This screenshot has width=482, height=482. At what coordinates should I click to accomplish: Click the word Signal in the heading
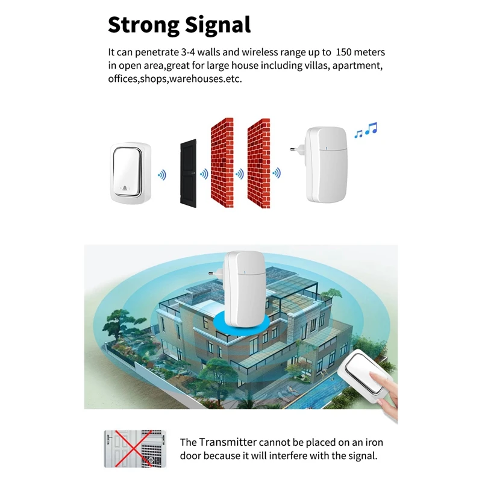pos(218,26)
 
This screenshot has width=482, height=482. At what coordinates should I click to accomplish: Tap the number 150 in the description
pos(343,52)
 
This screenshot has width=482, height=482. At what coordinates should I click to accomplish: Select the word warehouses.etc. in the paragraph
pos(205,79)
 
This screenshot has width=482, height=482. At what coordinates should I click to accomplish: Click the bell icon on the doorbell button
pos(125,188)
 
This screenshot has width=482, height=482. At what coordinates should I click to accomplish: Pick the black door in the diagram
pos(188,174)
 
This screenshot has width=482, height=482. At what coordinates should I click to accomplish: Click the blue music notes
pos(366,130)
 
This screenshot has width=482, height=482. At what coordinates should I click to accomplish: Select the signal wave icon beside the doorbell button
pos(162,175)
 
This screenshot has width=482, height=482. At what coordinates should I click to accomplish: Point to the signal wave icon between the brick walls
pos(240,174)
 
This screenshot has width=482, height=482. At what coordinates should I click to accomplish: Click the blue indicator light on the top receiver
pos(326,149)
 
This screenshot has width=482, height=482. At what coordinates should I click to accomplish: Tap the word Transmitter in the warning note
pos(228,442)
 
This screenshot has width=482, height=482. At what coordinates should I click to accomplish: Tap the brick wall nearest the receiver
pos(259,163)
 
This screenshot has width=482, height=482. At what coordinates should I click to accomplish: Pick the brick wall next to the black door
pos(222,163)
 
